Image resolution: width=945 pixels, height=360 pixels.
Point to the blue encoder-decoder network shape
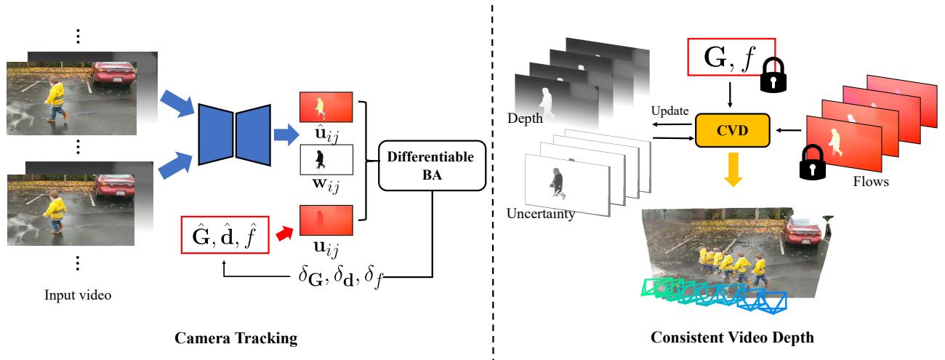point(233,131)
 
